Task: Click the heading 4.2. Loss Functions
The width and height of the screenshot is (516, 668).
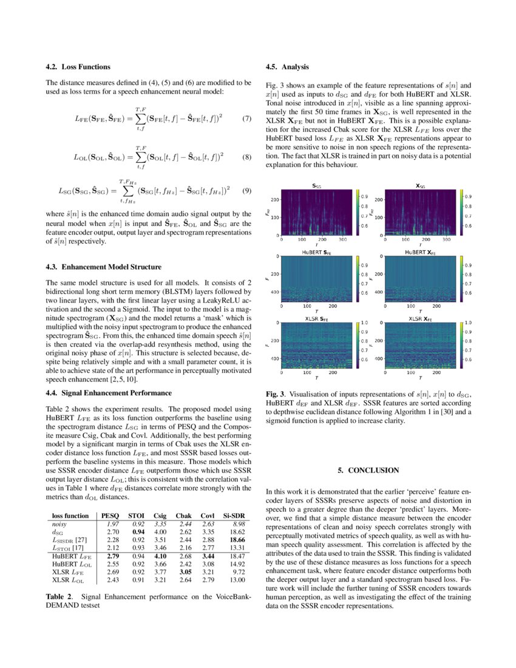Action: pos(78,67)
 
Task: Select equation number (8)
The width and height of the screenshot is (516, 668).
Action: pos(246,157)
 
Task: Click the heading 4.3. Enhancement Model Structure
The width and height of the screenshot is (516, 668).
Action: pos(103,267)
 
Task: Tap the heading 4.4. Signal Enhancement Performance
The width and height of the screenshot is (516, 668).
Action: pos(109,393)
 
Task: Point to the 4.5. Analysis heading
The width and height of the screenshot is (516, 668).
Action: pos(288,67)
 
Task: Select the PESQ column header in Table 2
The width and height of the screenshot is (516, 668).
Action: pos(110,515)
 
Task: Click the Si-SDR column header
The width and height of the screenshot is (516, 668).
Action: pos(234,515)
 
